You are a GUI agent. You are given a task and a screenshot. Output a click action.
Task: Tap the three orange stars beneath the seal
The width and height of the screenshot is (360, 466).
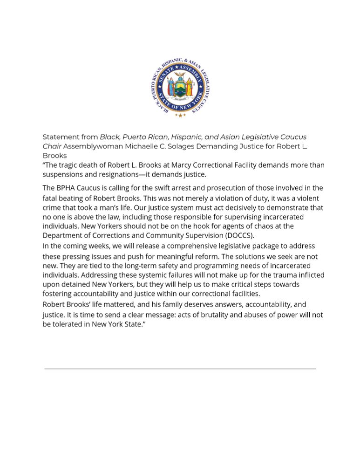[180, 115]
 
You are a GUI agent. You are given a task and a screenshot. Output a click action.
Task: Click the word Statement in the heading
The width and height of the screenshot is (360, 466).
[60, 137]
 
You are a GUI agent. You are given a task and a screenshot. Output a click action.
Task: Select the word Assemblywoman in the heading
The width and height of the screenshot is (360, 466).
[93, 146]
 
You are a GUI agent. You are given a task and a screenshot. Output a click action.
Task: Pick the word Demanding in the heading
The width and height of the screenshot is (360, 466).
[217, 146]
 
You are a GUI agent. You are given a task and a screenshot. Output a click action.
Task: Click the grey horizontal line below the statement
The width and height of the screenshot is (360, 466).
[180, 369]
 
